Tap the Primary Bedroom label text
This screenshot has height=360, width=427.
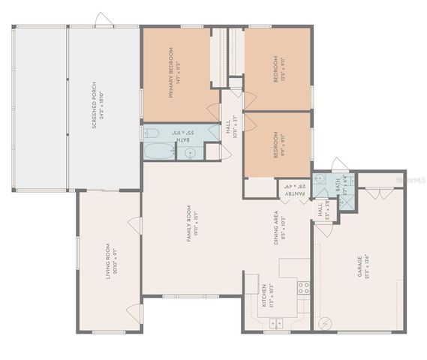point(173,73)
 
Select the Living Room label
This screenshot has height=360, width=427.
point(110,261)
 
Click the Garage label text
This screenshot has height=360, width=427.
point(362,267)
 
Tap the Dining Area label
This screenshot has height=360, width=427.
point(279,227)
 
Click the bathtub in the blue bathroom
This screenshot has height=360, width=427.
point(158,152)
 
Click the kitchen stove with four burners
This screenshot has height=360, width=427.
point(304,287)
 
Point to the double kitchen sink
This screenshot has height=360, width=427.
point(275,324)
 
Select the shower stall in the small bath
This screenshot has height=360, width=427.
point(349,181)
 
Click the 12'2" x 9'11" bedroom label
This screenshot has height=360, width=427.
point(278,67)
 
